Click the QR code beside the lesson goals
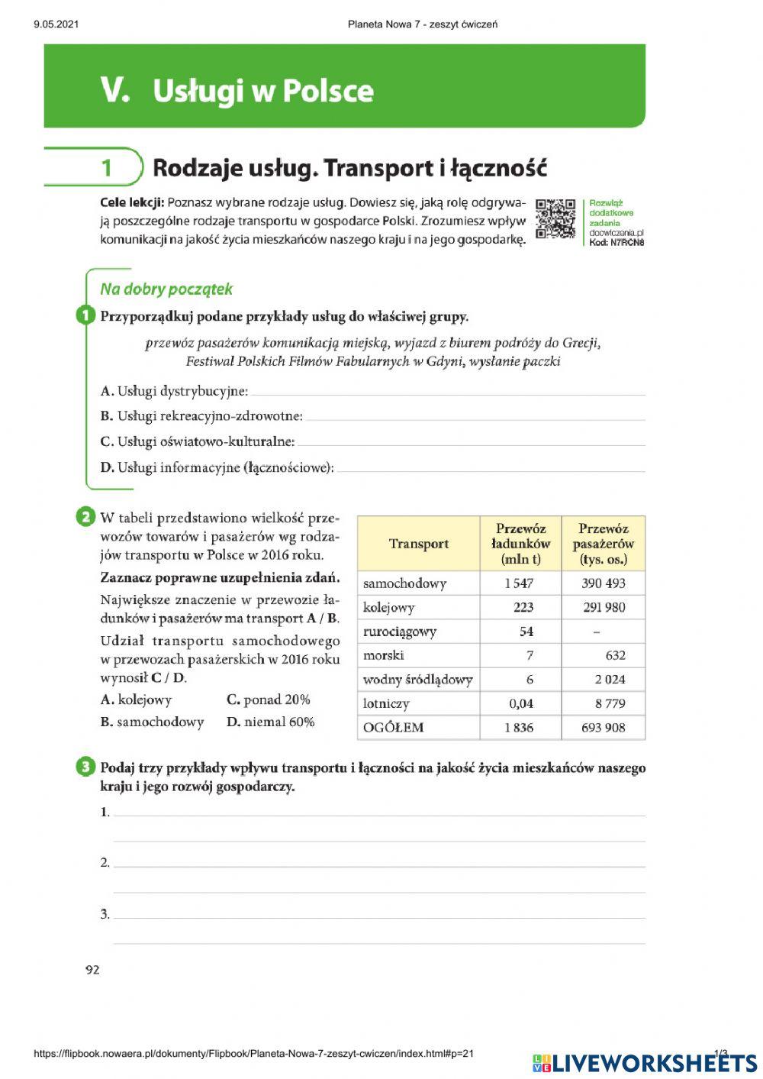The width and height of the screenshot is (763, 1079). [x=555, y=219]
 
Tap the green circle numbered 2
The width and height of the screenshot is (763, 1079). [x=85, y=518]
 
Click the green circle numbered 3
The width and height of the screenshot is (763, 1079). [x=85, y=767]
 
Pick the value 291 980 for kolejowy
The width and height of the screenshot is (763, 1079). [x=603, y=608]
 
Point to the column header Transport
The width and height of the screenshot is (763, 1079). [x=418, y=544]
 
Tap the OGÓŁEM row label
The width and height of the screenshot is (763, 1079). [x=393, y=728]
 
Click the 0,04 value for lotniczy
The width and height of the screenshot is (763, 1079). [x=521, y=704]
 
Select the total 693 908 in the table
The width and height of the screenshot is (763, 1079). [x=603, y=728]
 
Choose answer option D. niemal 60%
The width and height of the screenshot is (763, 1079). [x=270, y=722]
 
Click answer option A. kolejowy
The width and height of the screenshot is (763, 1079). [x=137, y=700]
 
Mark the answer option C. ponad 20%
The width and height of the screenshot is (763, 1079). [x=268, y=700]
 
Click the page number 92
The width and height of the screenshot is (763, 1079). [x=92, y=971]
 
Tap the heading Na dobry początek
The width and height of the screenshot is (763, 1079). [x=166, y=289]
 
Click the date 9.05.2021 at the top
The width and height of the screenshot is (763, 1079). [x=56, y=24]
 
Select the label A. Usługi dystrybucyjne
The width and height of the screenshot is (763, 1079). [x=174, y=392]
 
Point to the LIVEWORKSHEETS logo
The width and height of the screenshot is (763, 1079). [x=645, y=1063]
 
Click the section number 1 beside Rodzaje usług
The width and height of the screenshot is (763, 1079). [x=107, y=168]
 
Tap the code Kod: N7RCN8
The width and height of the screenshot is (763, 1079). [x=617, y=243]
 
